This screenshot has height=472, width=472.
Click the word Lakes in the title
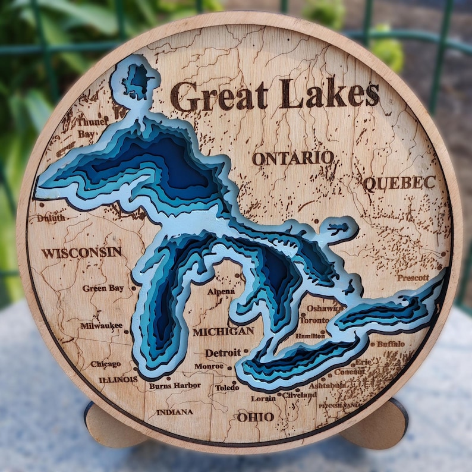tap(329, 94)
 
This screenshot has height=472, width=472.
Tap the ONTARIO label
tap(292, 158)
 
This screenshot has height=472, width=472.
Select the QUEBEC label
tap(399, 183)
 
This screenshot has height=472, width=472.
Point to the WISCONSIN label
tap(81, 252)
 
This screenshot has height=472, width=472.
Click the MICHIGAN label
tap(223, 331)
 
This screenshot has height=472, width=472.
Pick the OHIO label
tap(256, 417)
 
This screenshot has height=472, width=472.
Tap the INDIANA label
tap(175, 412)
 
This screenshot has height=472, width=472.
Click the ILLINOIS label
tap(118, 379)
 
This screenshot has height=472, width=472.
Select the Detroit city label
tap(223, 353)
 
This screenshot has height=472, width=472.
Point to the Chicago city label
tap(105, 364)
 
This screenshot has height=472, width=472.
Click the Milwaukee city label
tap(102, 326)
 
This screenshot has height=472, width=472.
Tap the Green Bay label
tap(103, 288)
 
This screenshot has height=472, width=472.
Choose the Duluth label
tap(51, 218)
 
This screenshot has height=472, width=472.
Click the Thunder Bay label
tap(92, 127)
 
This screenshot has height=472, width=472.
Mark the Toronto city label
tap(313, 320)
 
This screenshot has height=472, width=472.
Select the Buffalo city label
tap(391, 344)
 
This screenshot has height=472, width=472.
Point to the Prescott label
tap(413, 278)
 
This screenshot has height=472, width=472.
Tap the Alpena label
tap(221, 291)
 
